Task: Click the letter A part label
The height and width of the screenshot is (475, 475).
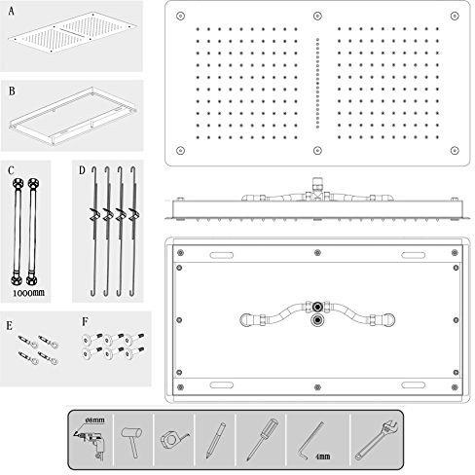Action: click(x=12, y=12)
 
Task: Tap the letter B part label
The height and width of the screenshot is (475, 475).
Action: click(x=12, y=91)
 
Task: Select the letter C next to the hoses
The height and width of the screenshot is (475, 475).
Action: click(x=11, y=170)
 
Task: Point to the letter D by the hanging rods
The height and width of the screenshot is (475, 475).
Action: click(x=82, y=170)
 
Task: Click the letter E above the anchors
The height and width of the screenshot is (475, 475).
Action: click(x=10, y=325)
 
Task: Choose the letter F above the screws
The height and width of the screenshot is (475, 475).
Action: click(x=85, y=321)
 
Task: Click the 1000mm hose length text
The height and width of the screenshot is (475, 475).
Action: click(x=28, y=293)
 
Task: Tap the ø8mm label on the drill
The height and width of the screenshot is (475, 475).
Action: click(x=95, y=420)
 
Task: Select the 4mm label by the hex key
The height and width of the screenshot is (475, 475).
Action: click(x=323, y=457)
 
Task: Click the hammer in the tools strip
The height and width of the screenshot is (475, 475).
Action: click(x=131, y=441)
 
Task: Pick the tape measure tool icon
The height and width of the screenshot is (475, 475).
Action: click(x=174, y=439)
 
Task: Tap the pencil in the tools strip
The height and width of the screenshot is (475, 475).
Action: click(x=215, y=440)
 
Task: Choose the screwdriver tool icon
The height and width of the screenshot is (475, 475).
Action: click(x=262, y=439)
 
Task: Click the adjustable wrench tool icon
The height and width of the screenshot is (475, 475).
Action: click(x=377, y=440)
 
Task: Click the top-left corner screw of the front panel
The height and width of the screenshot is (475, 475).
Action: click(x=180, y=16)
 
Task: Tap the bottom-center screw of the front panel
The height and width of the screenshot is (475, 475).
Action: click(x=317, y=150)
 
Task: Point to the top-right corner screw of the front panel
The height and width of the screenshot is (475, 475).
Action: click(x=455, y=16)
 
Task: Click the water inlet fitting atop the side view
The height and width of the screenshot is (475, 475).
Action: click(x=317, y=183)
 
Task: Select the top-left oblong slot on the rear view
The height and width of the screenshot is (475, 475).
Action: click(x=222, y=255)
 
